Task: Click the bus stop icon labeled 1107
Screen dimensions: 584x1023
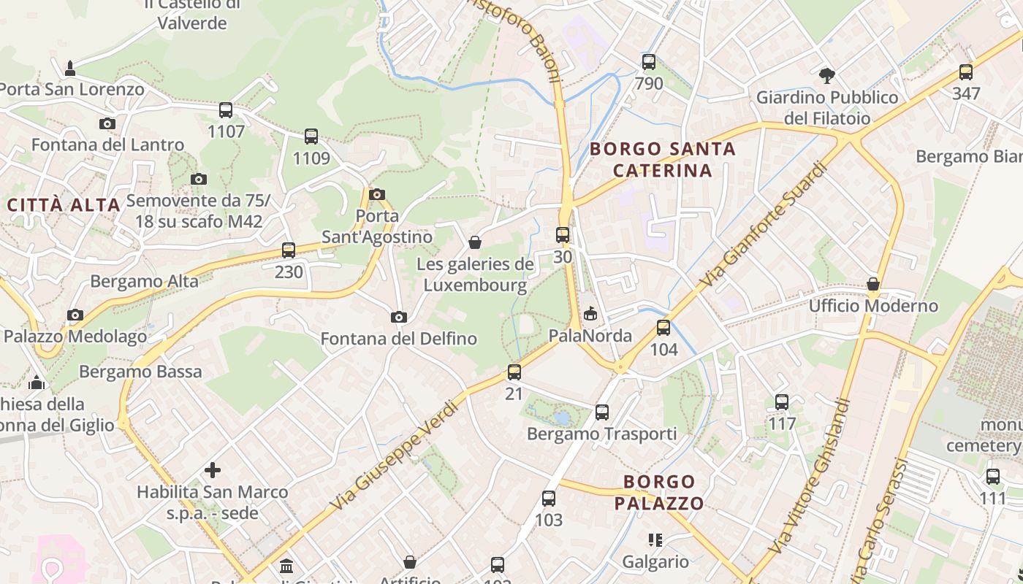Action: (x=226, y=110)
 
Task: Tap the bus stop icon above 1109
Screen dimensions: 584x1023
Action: (x=311, y=137)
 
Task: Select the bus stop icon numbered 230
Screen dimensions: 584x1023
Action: (x=289, y=250)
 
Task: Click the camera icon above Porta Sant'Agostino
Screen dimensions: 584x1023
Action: (x=377, y=194)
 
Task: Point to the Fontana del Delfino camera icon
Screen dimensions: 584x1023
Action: (x=398, y=317)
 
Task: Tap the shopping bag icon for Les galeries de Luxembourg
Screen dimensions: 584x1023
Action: (x=475, y=242)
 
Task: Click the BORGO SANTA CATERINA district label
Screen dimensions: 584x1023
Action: (x=662, y=160)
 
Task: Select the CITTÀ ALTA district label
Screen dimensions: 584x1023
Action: (x=64, y=205)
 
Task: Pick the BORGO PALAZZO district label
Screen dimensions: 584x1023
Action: (x=659, y=493)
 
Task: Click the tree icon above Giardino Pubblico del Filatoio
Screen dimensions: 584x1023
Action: (x=827, y=74)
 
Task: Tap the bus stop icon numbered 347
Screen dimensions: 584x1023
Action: (x=966, y=72)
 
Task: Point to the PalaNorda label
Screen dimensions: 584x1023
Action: (x=590, y=336)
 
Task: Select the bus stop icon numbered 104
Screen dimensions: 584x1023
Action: (x=663, y=328)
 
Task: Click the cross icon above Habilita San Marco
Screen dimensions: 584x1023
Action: (x=213, y=470)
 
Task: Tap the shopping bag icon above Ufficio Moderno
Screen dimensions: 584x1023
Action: (x=873, y=283)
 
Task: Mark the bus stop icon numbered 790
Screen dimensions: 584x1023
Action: (x=649, y=62)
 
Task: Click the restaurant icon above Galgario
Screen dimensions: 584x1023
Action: (x=655, y=540)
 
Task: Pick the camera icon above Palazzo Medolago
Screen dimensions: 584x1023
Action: (x=75, y=315)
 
